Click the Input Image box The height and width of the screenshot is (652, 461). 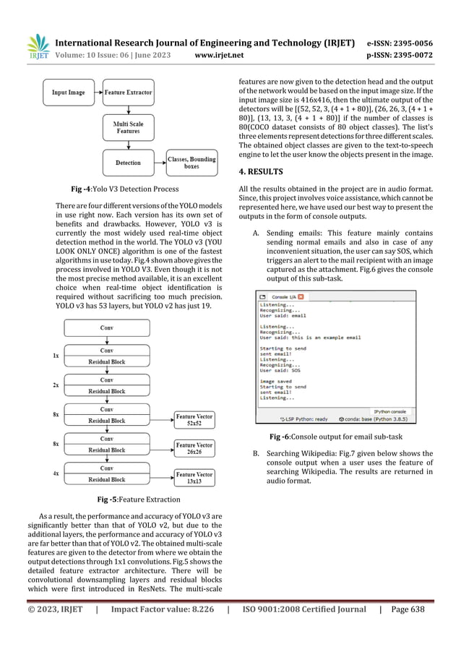click(69, 93)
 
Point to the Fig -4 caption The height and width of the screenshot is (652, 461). click(128, 189)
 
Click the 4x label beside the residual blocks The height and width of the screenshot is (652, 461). click(56, 473)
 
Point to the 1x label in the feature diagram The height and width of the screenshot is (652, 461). click(56, 356)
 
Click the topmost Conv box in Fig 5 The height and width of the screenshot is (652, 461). click(106, 327)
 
